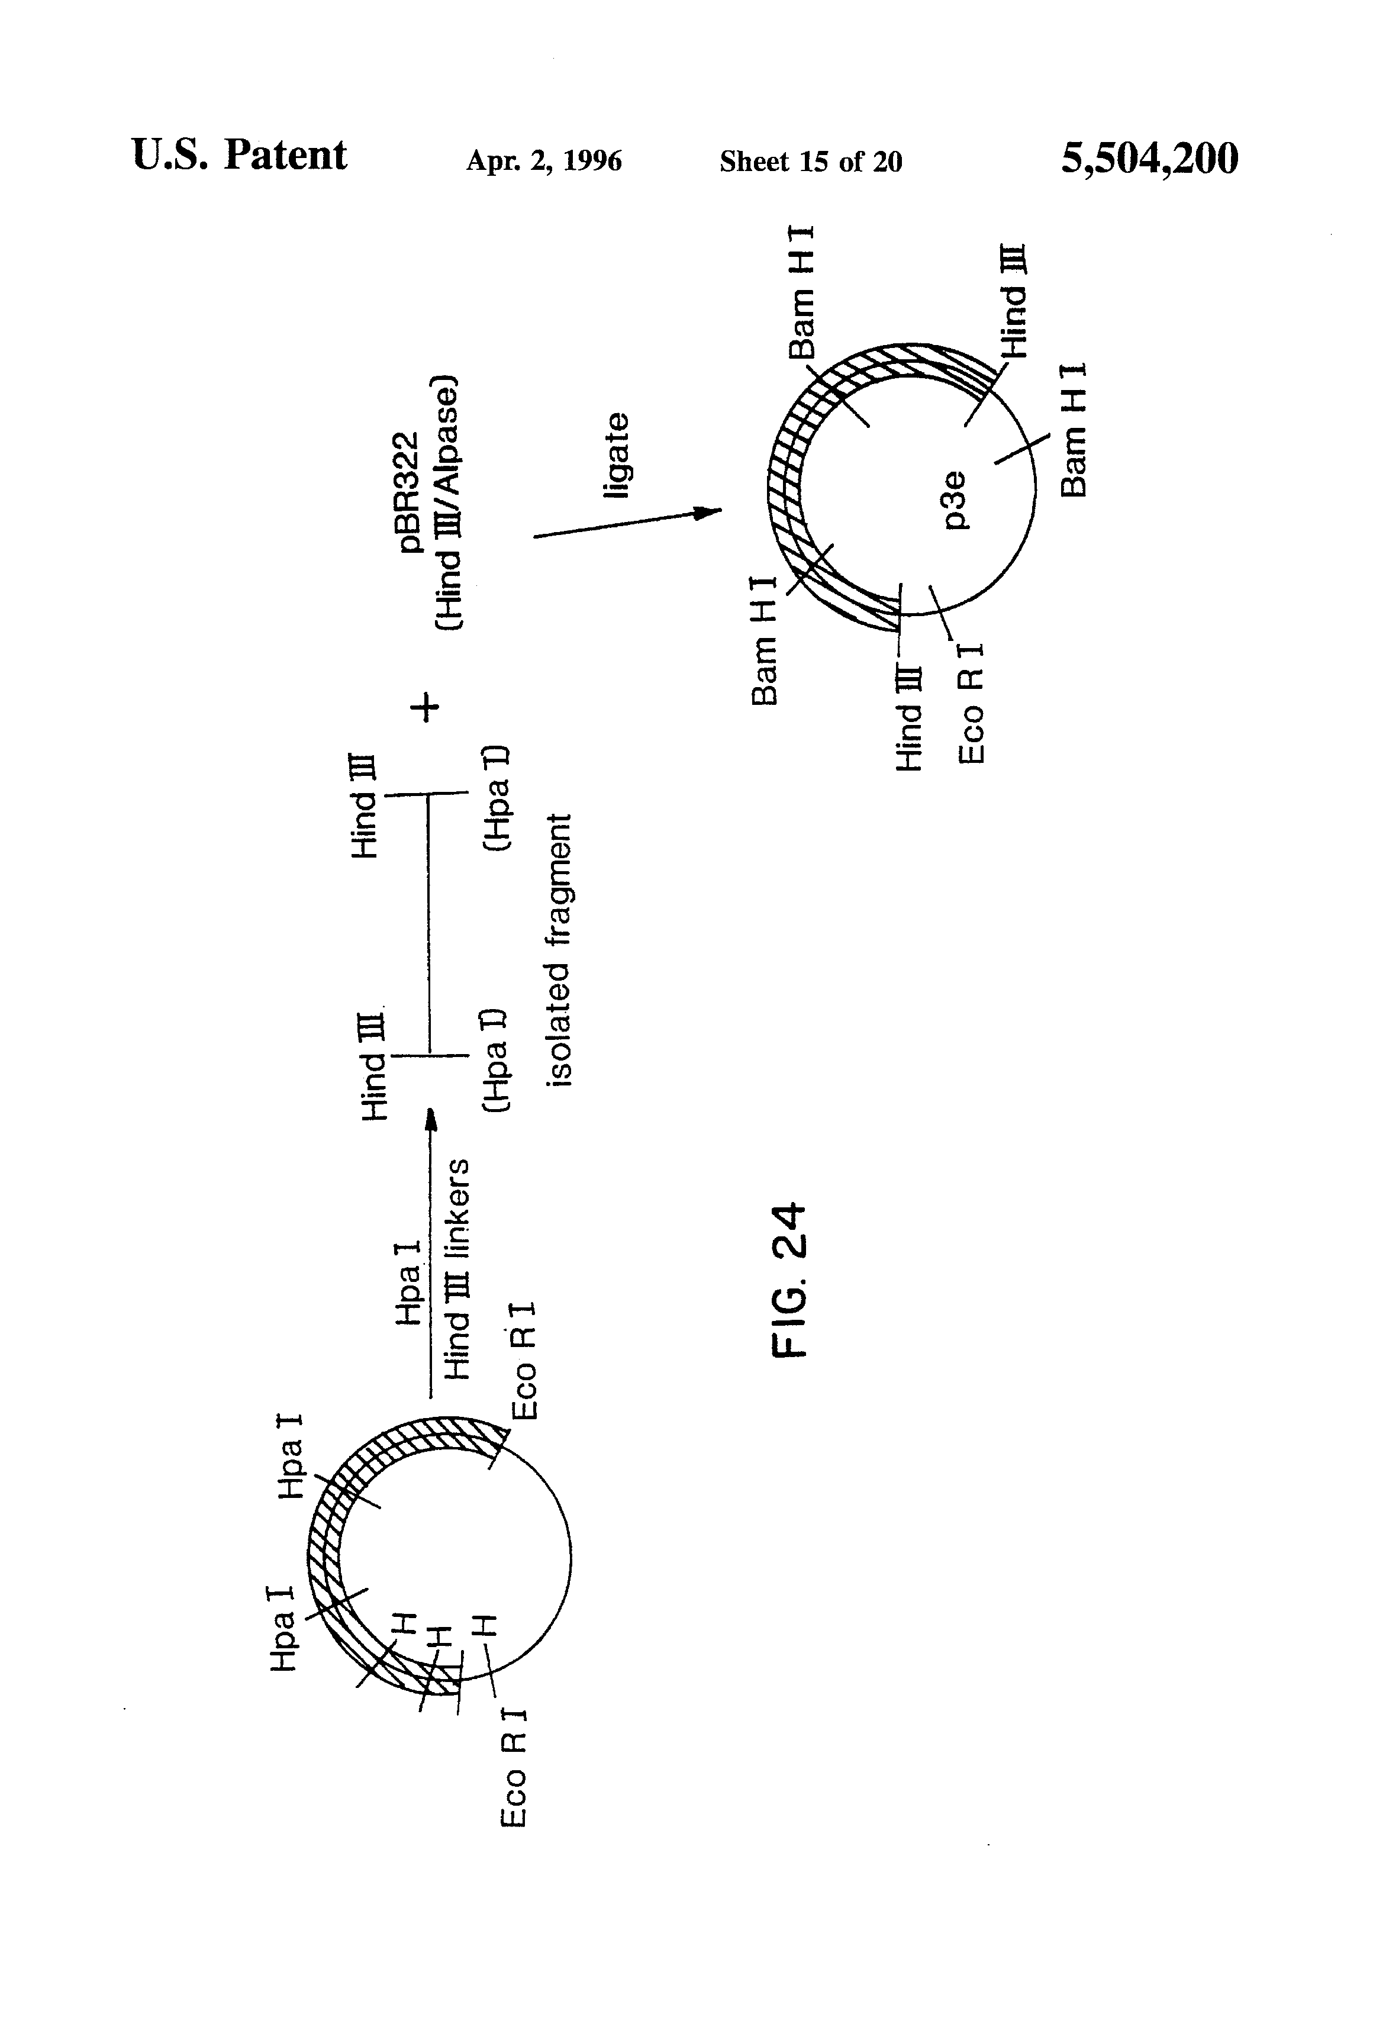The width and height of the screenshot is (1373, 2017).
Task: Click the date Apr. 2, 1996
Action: click(544, 162)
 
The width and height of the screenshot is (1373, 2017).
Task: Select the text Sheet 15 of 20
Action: click(811, 162)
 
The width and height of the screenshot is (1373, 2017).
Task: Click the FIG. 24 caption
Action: click(790, 1281)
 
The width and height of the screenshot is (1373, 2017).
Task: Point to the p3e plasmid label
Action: click(954, 500)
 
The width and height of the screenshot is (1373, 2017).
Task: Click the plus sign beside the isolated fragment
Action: click(426, 707)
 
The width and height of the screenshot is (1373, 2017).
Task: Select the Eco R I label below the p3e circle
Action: click(971, 703)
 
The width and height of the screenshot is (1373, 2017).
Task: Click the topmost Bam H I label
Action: click(800, 292)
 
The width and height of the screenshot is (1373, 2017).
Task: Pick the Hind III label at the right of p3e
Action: click(1013, 301)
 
